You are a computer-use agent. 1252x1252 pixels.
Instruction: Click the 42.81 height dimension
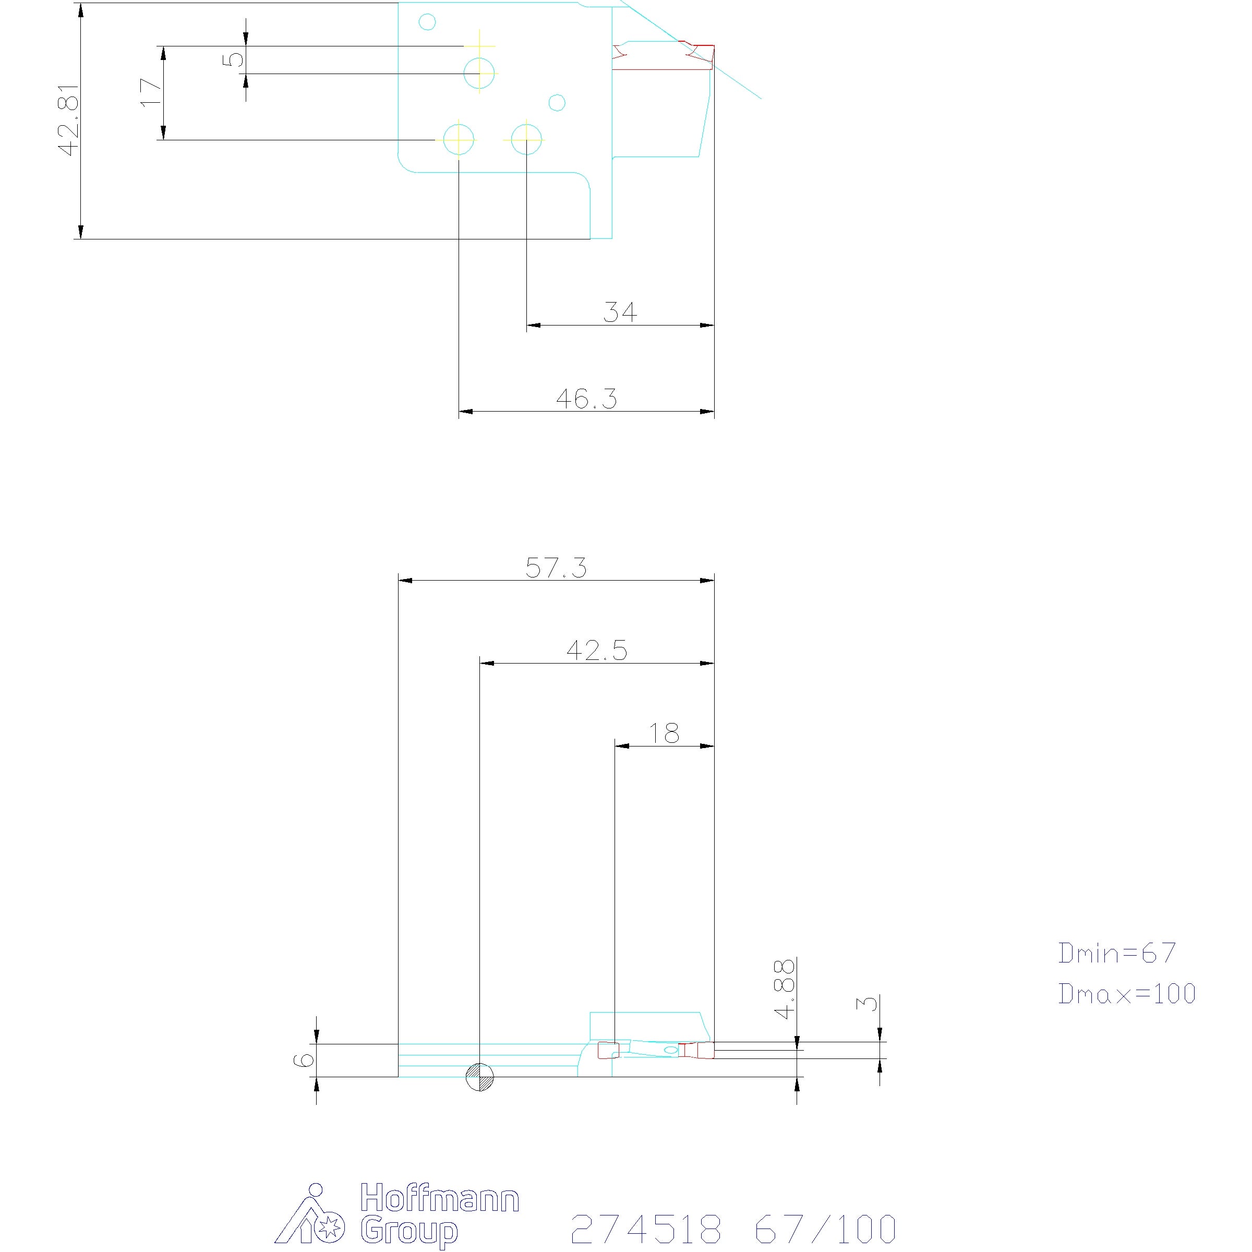[x=69, y=120]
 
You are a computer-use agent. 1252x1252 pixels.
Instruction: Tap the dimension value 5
[x=233, y=59]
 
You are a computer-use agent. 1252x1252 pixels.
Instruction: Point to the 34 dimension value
[x=620, y=312]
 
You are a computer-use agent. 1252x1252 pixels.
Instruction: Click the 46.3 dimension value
[x=586, y=399]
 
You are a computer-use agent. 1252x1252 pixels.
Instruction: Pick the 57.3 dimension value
[x=556, y=568]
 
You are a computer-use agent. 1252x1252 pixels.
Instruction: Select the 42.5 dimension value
[x=597, y=651]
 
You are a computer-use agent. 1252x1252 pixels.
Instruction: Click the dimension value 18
[x=664, y=733]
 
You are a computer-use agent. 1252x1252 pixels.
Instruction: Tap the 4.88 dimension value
[x=786, y=990]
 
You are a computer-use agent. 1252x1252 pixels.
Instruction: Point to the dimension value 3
[x=868, y=1004]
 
